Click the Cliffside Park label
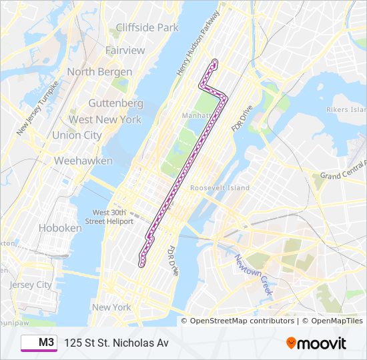[x=147, y=27]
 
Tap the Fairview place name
[x=125, y=51]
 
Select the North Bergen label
[x=99, y=71]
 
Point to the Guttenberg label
[x=116, y=103]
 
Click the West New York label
[x=105, y=119]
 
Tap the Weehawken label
[x=83, y=161]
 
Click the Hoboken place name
[x=60, y=227]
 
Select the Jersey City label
[x=31, y=285]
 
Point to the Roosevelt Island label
[x=220, y=188]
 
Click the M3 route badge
[x=39, y=343]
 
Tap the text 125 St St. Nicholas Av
[x=116, y=343]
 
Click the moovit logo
[x=316, y=343]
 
